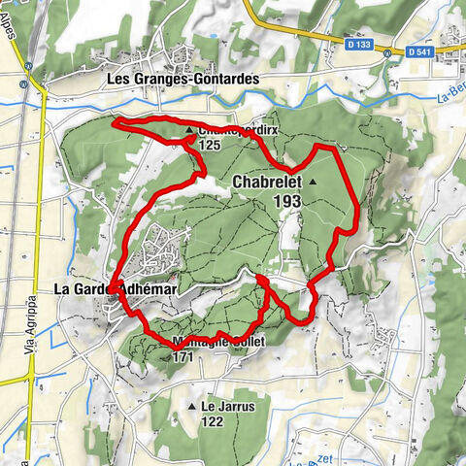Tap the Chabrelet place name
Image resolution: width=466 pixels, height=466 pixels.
pos(267,182)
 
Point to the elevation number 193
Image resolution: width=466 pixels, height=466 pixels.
pos(287,200)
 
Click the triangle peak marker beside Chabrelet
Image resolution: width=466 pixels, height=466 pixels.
pos(313,182)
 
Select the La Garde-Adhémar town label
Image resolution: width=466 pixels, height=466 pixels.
pos(115,288)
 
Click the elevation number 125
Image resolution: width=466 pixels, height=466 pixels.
pos(209,145)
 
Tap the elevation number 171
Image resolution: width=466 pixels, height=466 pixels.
pos(183,357)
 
